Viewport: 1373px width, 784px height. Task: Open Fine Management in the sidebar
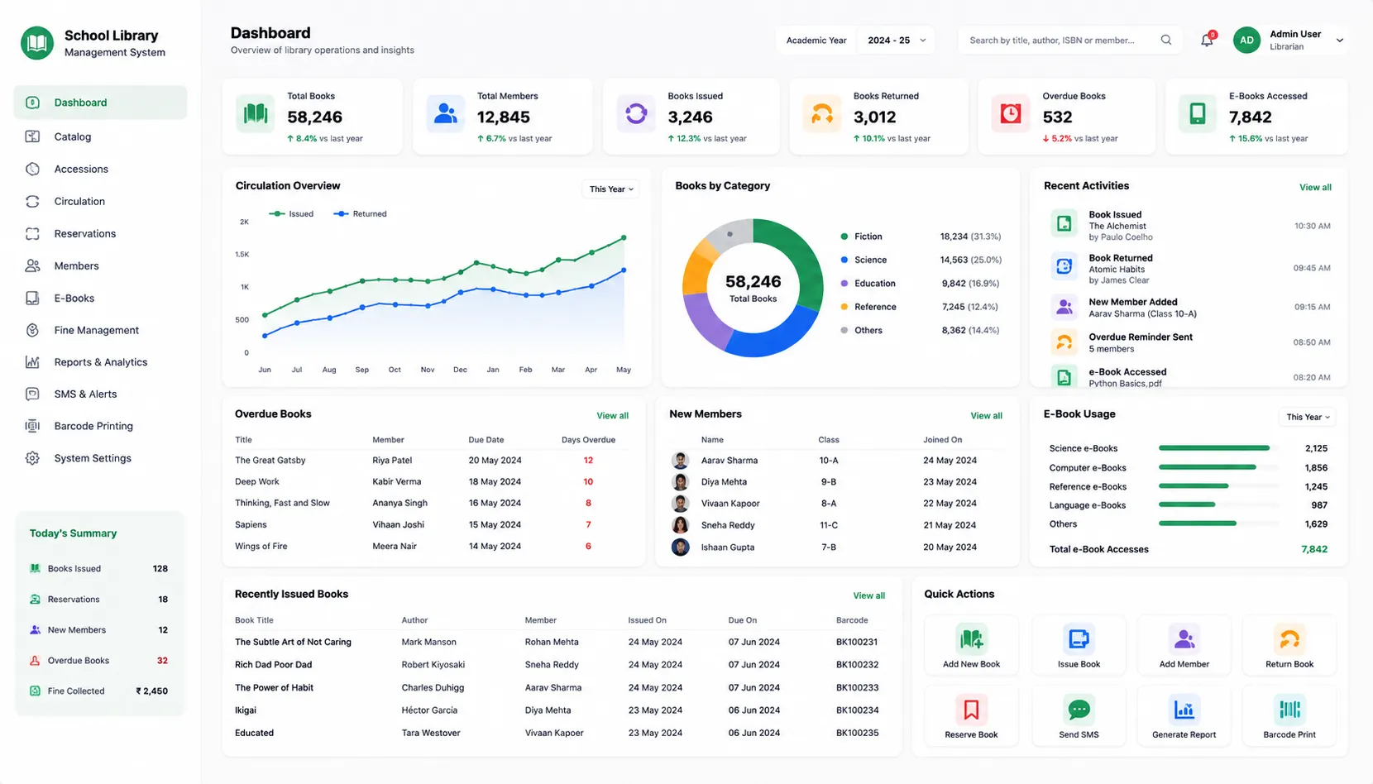click(x=96, y=330)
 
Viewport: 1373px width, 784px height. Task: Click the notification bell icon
click(x=1206, y=41)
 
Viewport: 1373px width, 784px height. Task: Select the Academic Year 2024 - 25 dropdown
click(x=896, y=41)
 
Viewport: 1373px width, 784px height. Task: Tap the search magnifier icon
click(x=1166, y=40)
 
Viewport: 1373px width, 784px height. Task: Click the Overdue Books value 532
click(x=1057, y=117)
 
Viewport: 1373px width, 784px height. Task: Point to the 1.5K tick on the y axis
click(x=242, y=254)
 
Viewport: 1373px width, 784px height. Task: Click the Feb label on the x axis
click(x=525, y=370)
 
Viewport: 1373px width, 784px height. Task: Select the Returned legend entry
click(x=361, y=214)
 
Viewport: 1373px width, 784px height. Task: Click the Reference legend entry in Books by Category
click(x=868, y=307)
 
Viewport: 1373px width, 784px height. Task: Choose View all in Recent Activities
click(x=1315, y=187)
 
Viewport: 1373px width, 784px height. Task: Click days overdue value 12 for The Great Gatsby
click(x=588, y=461)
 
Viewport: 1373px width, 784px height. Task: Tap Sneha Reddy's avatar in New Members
click(x=680, y=524)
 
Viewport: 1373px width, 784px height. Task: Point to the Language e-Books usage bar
click(x=1187, y=504)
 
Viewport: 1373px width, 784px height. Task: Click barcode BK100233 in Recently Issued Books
click(x=857, y=687)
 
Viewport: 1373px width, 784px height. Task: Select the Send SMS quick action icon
click(x=1079, y=710)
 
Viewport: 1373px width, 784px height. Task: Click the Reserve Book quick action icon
click(x=971, y=710)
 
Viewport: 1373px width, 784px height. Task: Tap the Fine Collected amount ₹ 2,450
click(x=151, y=691)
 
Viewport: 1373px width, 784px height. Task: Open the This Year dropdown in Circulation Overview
click(x=611, y=189)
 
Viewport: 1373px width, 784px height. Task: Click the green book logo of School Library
click(x=36, y=43)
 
